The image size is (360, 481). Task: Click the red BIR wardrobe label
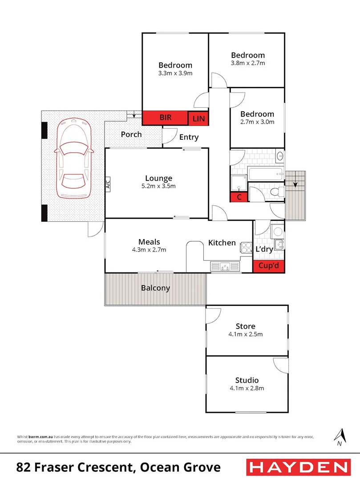[166, 118]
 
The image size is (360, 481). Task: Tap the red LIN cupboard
[198, 118]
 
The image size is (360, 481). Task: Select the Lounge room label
[159, 178]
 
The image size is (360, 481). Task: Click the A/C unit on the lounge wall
[108, 184]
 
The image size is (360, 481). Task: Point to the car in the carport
[74, 158]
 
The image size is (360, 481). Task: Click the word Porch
[131, 135]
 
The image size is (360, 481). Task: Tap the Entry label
[189, 137]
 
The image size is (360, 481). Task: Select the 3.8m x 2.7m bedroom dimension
[248, 63]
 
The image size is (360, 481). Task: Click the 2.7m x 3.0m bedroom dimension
[257, 122]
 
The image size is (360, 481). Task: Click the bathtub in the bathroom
[266, 174]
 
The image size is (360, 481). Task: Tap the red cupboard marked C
[239, 197]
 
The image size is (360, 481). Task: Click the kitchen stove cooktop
[247, 248]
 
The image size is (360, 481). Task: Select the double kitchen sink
[225, 266]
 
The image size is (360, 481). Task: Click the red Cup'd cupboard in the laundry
[269, 266]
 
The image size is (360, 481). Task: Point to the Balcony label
[155, 288]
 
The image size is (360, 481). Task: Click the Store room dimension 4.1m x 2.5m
[245, 334]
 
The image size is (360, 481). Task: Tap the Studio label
[247, 380]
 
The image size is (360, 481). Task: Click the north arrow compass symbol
[340, 437]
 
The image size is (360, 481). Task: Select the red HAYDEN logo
[299, 468]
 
